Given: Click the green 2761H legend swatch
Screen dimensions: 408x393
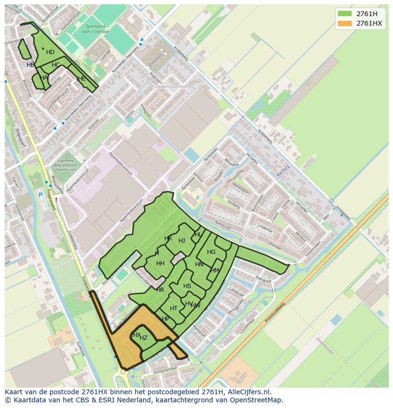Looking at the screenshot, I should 345,14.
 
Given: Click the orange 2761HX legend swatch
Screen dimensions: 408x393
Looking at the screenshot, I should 345,23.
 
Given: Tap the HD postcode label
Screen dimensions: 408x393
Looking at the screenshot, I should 50,52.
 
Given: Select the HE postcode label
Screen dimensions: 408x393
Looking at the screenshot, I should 82,79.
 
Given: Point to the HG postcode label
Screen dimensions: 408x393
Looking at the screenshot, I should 211,252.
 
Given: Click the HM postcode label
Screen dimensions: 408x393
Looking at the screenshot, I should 215,271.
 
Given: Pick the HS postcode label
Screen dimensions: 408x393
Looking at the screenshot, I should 187,286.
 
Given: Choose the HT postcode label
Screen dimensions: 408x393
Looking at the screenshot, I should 174,308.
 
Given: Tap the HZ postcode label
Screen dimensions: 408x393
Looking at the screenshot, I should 143,338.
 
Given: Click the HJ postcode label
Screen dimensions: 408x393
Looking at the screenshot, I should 182,241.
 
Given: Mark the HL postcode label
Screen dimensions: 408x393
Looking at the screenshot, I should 198,235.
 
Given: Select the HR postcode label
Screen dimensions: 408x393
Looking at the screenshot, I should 160,290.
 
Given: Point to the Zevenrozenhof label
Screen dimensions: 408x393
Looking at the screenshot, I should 171,87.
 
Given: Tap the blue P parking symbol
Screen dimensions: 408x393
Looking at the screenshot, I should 40,195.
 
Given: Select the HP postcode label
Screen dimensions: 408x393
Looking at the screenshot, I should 166,319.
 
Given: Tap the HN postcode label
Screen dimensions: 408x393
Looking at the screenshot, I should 199,264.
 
